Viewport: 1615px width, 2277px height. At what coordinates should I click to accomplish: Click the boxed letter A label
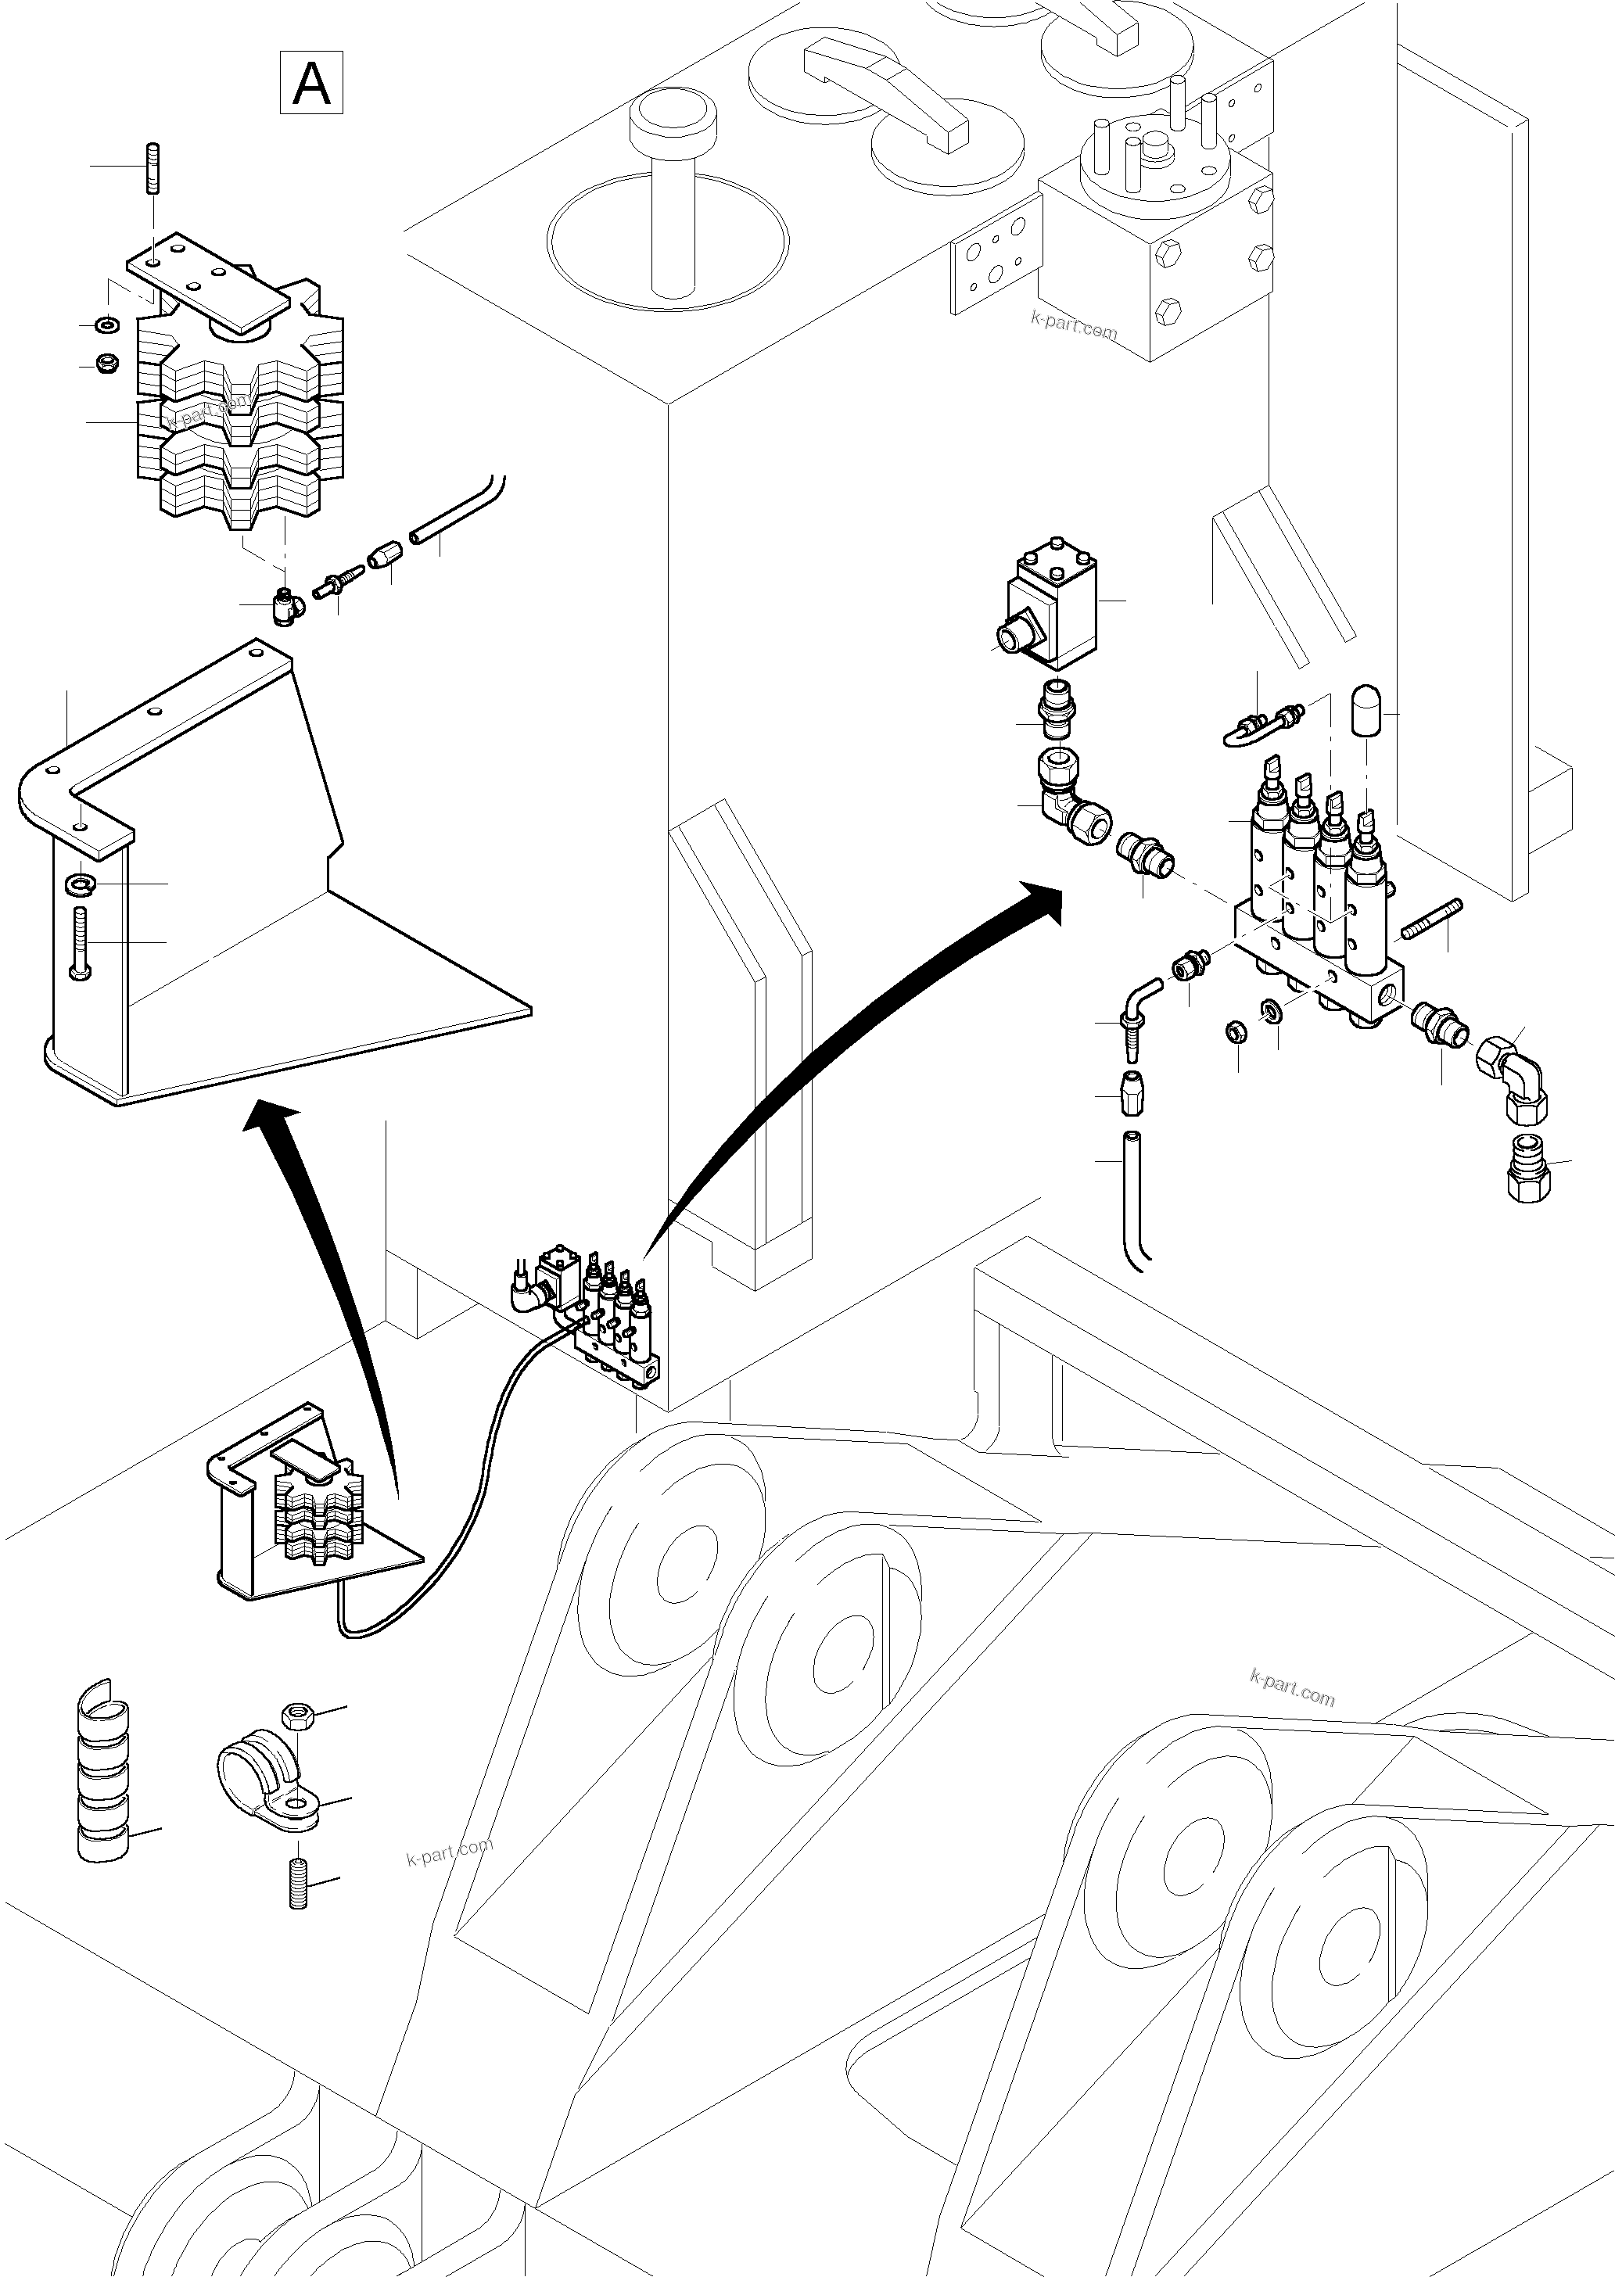[311, 83]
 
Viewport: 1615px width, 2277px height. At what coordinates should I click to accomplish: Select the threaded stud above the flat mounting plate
[155, 169]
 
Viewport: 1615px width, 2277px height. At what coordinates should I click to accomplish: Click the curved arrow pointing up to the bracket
[328, 1282]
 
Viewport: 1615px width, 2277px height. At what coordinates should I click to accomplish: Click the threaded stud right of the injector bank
[1432, 919]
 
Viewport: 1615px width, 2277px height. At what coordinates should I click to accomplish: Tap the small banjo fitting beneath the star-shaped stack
[286, 604]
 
